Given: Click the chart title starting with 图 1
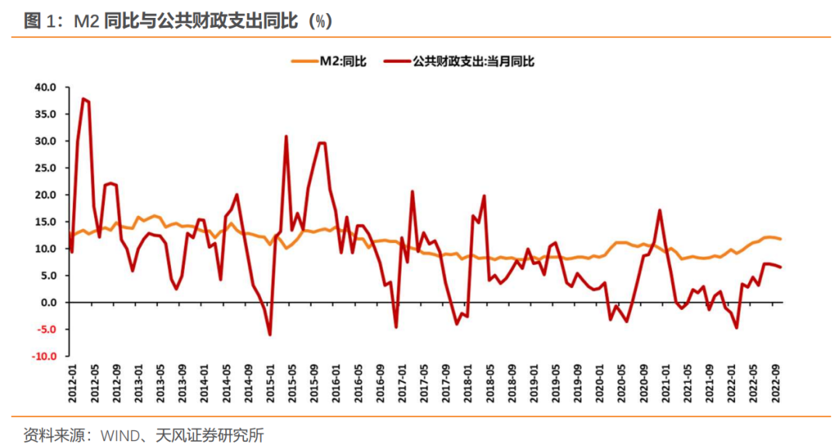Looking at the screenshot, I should coord(178,21).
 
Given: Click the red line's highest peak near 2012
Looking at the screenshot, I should coord(83,99).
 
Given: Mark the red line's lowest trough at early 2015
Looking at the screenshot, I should coord(270,335).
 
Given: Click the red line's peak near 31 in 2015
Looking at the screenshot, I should coord(286,137).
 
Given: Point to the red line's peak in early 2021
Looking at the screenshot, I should coord(660,210).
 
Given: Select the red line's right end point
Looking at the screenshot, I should coord(781,268).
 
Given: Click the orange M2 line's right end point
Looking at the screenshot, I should coord(781,239).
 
